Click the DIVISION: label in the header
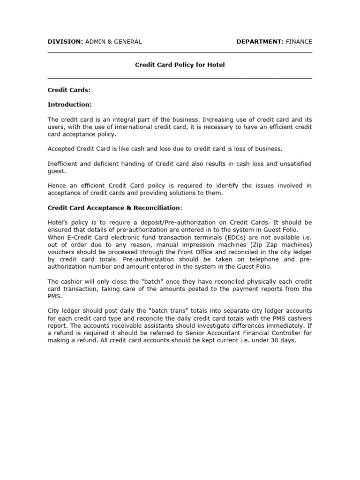65,42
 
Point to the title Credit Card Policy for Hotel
180,65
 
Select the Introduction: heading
70,104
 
